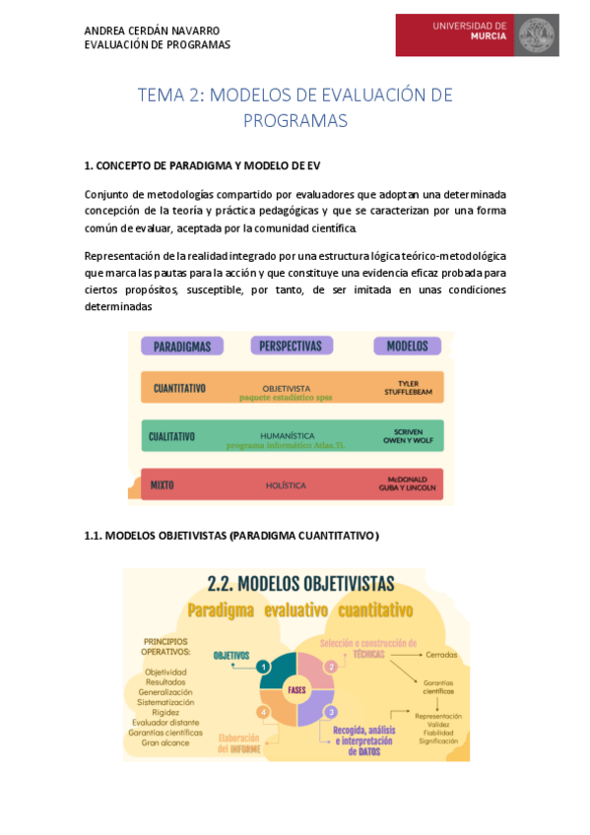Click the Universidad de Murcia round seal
(x=537, y=35)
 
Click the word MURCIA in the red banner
(x=489, y=36)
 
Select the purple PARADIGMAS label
(x=182, y=346)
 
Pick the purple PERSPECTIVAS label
(x=291, y=346)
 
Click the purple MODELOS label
(x=407, y=346)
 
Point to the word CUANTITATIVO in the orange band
(x=179, y=388)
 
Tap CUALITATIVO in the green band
(x=172, y=436)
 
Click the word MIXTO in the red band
(x=163, y=485)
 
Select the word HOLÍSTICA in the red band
(x=286, y=485)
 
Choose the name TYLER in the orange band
(x=408, y=383)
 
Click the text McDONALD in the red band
(x=406, y=480)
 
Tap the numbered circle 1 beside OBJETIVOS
(x=263, y=667)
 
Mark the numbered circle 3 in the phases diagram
(x=332, y=711)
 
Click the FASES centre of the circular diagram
(x=296, y=690)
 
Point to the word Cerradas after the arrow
(x=439, y=654)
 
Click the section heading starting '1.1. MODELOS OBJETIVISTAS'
(x=230, y=535)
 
